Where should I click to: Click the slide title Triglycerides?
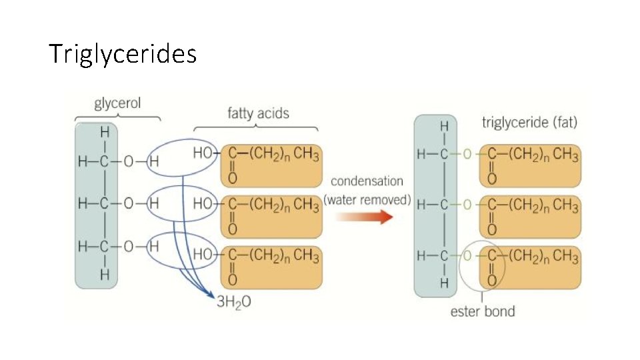click(123, 53)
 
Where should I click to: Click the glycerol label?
click(117, 103)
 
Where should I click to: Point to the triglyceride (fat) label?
click(529, 122)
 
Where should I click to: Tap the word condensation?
click(367, 181)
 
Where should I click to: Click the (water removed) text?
click(367, 199)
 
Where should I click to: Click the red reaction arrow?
click(365, 217)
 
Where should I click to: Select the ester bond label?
click(483, 311)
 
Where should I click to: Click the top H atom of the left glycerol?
click(104, 133)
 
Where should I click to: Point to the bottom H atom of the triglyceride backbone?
click(445, 282)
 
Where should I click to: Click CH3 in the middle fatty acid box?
click(307, 204)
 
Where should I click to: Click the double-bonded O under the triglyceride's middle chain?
click(491, 229)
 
